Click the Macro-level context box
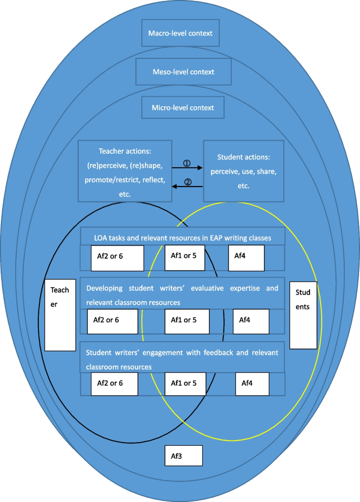[180, 34]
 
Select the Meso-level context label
[183, 71]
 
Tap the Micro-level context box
[183, 108]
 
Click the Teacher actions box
[125, 170]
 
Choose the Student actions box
[243, 170]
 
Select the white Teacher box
[60, 314]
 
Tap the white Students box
[303, 314]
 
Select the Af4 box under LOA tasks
[246, 258]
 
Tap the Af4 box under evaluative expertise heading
[251, 321]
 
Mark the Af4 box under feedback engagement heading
[252, 383]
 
